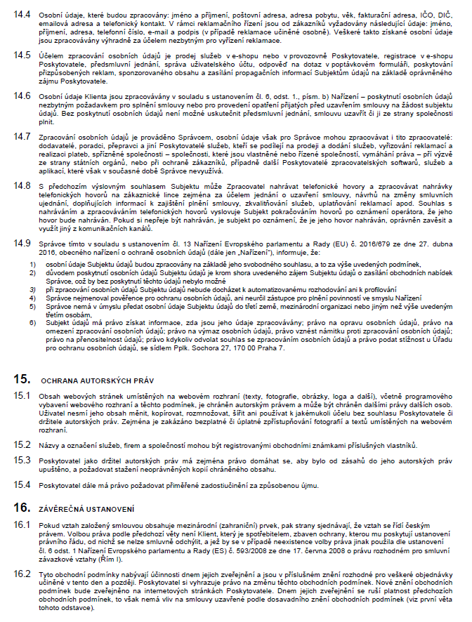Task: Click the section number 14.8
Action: pos(20,185)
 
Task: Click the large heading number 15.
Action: pos(21,379)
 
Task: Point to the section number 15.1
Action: pos(20,395)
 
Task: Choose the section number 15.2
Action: pos(20,444)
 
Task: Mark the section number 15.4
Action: pos(20,484)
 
